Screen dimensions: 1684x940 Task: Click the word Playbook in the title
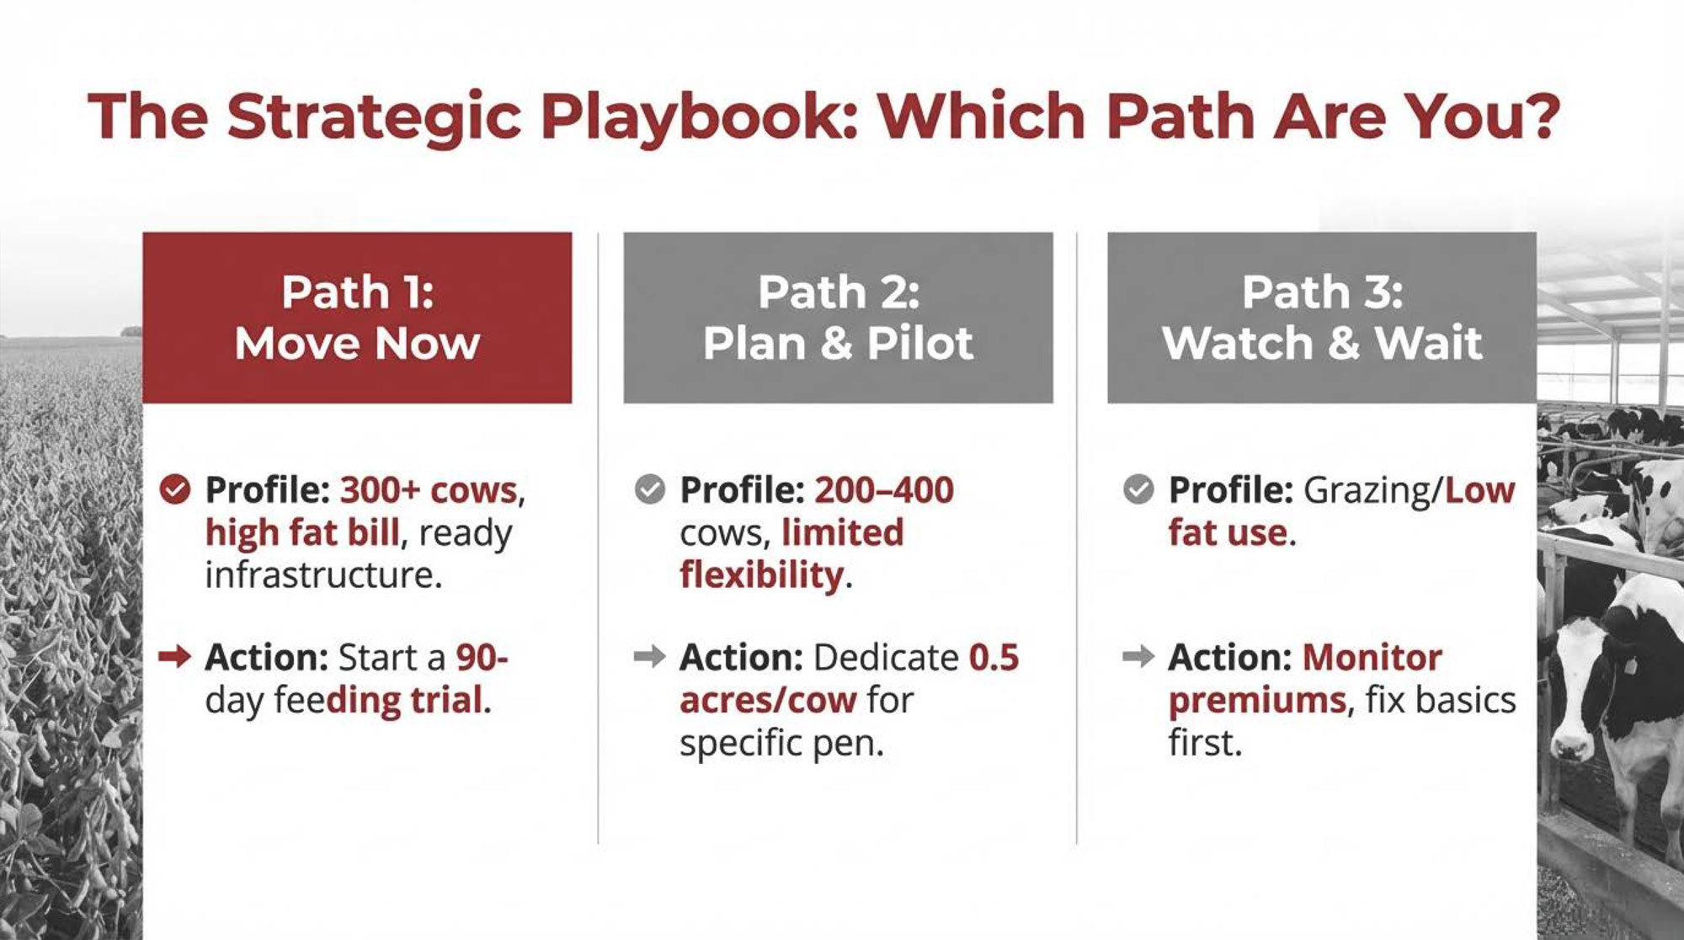699,118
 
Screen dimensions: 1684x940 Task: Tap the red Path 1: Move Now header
357,318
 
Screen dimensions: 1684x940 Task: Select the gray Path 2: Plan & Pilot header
838,318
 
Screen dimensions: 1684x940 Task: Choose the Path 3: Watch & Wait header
1321,318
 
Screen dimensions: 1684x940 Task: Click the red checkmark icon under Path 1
174,489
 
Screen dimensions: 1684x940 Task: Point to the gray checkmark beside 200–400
650,489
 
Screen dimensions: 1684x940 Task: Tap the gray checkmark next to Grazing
1138,489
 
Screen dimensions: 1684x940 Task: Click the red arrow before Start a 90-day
174,657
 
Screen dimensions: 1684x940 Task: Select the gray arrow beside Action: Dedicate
650,657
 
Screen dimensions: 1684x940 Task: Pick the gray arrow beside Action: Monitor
1138,657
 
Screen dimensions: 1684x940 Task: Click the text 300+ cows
429,490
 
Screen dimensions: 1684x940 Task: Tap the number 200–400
884,490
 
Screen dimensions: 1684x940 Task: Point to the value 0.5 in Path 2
994,658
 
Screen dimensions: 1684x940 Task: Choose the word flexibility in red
761,576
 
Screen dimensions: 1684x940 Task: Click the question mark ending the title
1543,116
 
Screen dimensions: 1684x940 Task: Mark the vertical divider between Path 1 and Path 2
598,538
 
